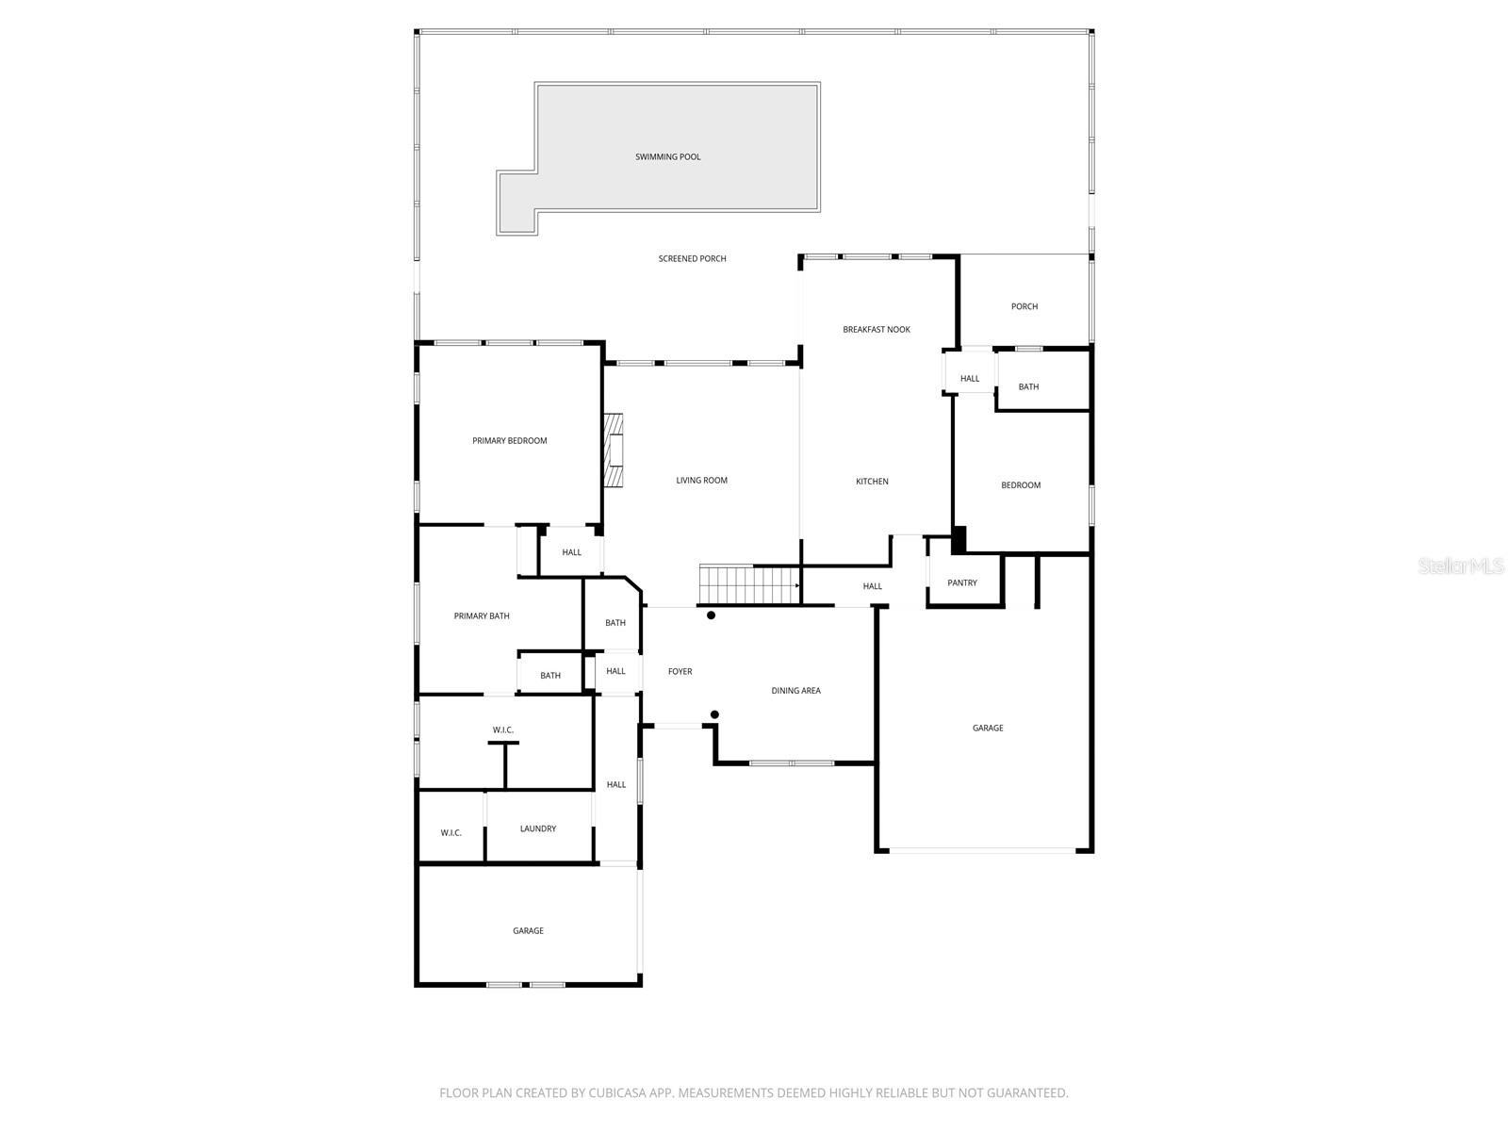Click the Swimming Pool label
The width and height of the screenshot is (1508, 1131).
[667, 157]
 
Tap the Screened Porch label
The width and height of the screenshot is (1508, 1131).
[692, 259]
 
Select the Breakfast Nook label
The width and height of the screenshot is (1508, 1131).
[877, 330]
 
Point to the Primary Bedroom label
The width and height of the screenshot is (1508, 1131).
[509, 441]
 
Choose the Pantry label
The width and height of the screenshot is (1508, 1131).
[962, 583]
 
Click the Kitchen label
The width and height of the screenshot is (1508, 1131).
[872, 482]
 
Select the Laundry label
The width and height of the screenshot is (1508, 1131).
[538, 829]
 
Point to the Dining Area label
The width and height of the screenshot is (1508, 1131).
[795, 691]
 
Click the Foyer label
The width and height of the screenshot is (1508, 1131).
[680, 672]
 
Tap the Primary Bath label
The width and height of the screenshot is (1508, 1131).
[482, 616]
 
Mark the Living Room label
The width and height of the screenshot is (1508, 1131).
[702, 481]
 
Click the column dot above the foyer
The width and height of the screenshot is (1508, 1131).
[712, 615]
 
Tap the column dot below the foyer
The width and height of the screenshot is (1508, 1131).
[715, 714]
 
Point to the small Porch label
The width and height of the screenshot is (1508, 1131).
[1024, 307]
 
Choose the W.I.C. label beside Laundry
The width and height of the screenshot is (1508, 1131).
[451, 833]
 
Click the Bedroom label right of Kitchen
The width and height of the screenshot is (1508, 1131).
[1021, 485]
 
